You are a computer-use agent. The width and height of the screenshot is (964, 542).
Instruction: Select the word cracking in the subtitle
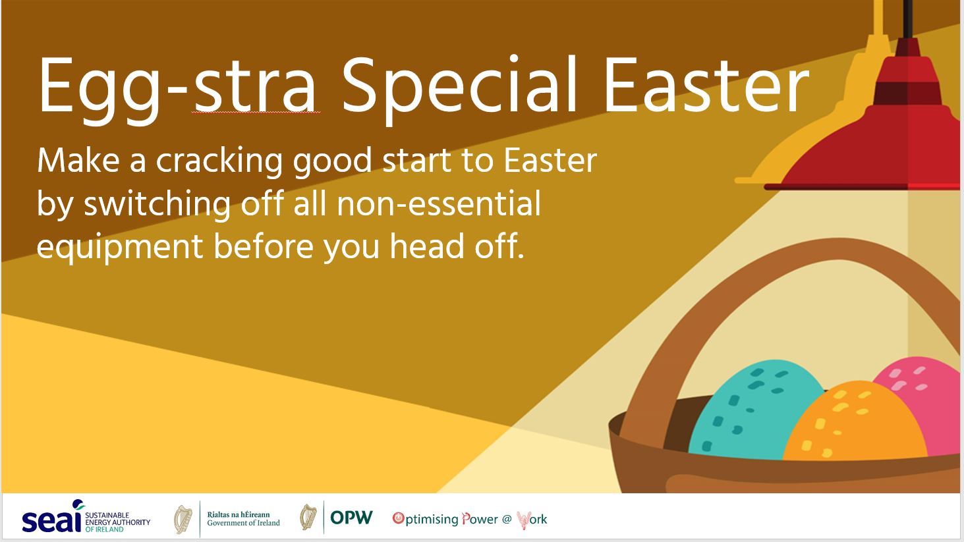click(x=219, y=162)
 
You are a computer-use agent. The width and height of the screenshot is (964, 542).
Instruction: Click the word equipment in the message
click(x=120, y=248)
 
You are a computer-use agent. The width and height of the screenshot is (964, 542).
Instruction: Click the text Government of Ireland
click(x=243, y=523)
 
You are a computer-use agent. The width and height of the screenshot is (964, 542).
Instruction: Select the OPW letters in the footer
click(x=351, y=517)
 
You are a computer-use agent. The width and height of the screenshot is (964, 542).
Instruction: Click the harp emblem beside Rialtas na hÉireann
click(x=183, y=519)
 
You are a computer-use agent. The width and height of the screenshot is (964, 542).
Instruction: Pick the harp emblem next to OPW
click(x=308, y=517)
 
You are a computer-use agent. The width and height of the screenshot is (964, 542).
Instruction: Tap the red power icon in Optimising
click(x=398, y=518)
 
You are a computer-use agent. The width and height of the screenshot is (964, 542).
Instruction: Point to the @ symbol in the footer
click(x=507, y=519)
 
